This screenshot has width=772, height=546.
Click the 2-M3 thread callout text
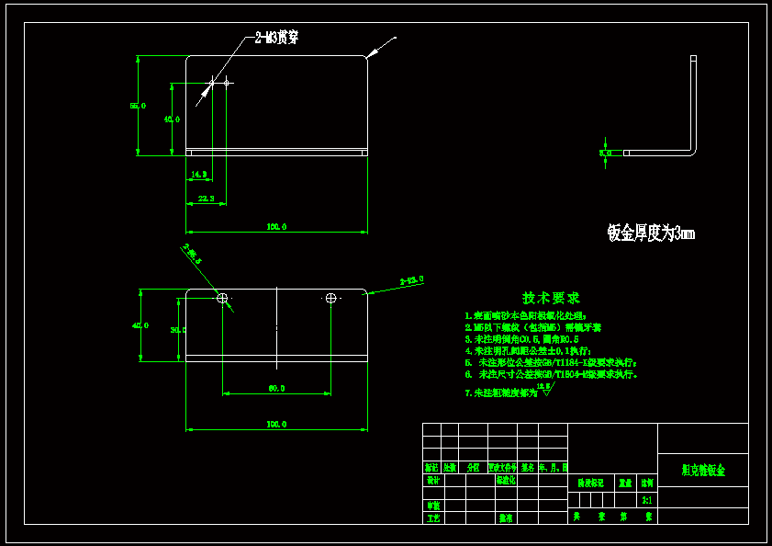tap(276, 38)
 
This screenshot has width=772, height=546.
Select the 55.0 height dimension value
tap(138, 106)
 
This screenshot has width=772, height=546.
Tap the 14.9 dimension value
tap(198, 173)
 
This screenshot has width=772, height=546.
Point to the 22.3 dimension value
tap(206, 198)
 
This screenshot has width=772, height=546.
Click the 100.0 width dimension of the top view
tap(276, 226)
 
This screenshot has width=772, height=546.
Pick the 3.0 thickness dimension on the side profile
tap(605, 154)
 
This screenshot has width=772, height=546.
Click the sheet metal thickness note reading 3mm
tap(651, 233)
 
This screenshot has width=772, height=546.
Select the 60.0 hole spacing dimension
tap(276, 388)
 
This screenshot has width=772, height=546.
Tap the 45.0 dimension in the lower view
tap(140, 325)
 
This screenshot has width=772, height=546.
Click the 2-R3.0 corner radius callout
tap(411, 279)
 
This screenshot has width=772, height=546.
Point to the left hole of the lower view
tap(222, 298)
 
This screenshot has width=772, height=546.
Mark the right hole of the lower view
tap(330, 298)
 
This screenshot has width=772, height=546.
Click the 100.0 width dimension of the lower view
tap(276, 424)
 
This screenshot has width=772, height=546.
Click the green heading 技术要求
tap(551, 298)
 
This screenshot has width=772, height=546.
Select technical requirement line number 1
tap(524, 315)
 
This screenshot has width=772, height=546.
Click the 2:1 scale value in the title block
tap(646, 500)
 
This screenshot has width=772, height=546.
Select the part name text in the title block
tap(703, 470)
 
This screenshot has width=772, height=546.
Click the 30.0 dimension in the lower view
tap(178, 329)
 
